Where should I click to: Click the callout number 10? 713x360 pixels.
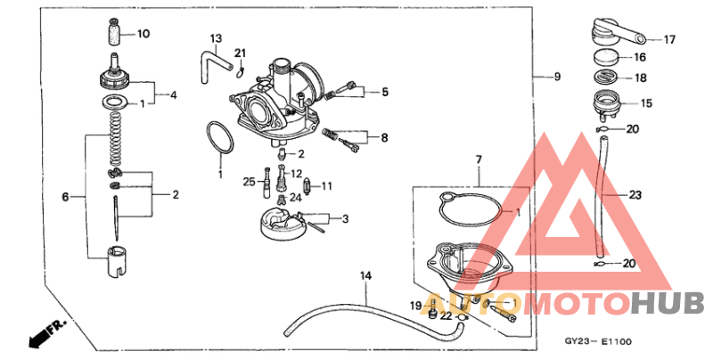click(143, 34)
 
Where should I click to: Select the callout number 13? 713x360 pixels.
click(216, 38)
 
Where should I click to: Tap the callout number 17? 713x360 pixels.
click(670, 39)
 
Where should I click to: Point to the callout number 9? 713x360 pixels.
click(557, 77)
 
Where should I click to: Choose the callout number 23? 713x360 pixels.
click(635, 194)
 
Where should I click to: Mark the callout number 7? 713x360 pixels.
click(478, 160)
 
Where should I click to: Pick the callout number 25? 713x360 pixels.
click(250, 182)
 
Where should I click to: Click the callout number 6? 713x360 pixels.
click(64, 196)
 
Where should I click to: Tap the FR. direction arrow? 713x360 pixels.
click(37, 336)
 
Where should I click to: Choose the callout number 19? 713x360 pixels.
click(415, 306)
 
